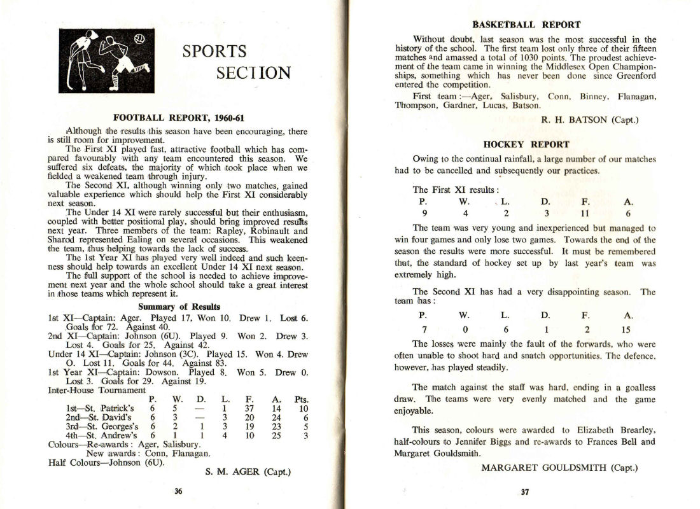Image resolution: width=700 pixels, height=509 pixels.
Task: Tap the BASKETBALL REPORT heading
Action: [x=526, y=25]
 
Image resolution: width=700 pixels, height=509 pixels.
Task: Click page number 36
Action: [x=178, y=491]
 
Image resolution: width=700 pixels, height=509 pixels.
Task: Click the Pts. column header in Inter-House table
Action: [x=302, y=400]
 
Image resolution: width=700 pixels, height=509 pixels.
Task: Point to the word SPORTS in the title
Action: [x=214, y=51]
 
